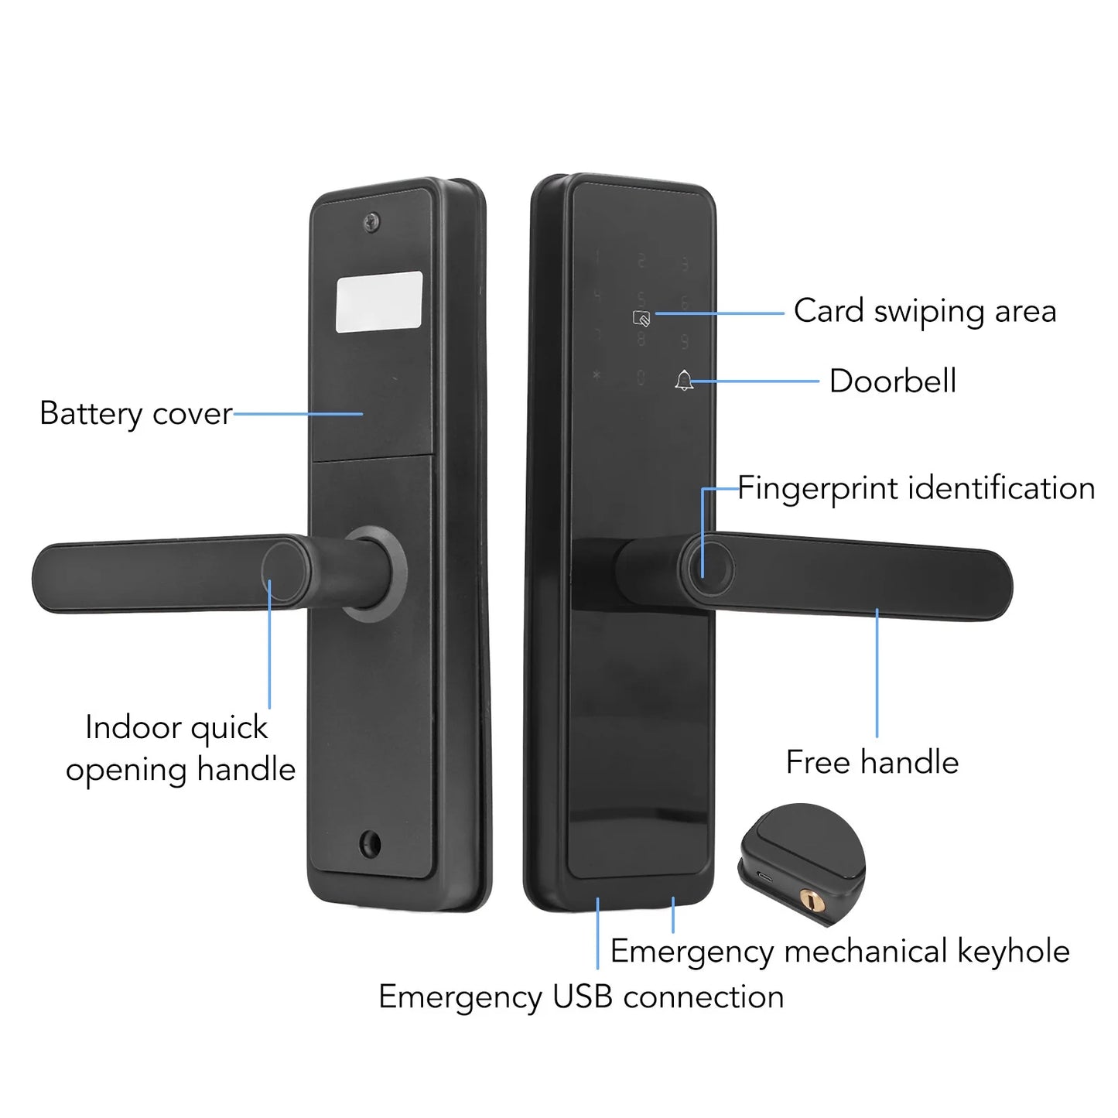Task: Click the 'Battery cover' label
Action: [135, 413]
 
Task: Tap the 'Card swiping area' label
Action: [925, 311]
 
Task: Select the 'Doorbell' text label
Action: [892, 381]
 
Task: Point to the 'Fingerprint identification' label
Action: [915, 488]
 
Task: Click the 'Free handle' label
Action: [872, 762]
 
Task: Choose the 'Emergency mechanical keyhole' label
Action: [839, 951]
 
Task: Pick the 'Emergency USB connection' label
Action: [581, 997]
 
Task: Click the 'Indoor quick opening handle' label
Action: [179, 748]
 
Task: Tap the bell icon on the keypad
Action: [684, 381]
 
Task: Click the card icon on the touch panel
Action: [641, 317]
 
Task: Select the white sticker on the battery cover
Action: [380, 302]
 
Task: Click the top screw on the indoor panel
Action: [372, 222]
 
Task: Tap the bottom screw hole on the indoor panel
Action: [371, 843]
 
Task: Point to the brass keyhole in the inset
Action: [811, 900]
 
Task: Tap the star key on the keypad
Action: [597, 376]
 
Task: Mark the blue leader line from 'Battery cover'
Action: [298, 414]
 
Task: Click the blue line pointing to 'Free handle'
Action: [877, 673]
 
